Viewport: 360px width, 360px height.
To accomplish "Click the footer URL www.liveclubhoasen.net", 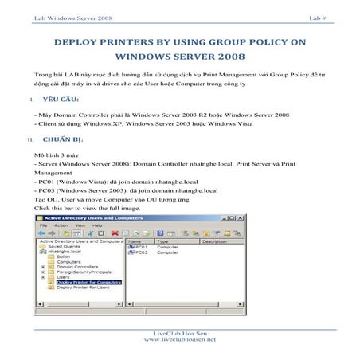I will pyautogui.click(x=179, y=339).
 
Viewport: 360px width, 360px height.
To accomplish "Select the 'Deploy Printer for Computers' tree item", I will pyautogui.click(x=88, y=281).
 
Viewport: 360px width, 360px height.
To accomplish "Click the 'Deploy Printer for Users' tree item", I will pyautogui.click(x=83, y=287).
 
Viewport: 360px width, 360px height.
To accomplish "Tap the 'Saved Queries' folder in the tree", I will pyautogui.click(x=64, y=246).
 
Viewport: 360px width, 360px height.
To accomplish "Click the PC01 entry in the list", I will pyautogui.click(x=141, y=246).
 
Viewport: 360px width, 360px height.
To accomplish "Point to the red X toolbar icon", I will pyautogui.click(x=103, y=233).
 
